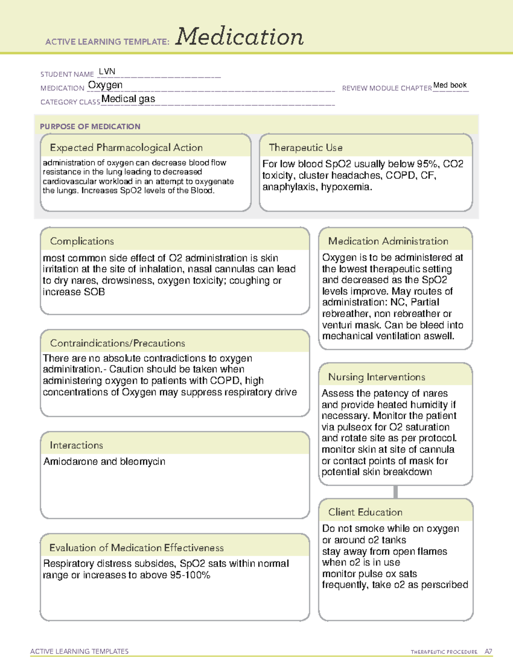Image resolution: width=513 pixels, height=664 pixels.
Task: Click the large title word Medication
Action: pyautogui.click(x=239, y=37)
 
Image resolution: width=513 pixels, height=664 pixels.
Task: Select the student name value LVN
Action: pyautogui.click(x=107, y=71)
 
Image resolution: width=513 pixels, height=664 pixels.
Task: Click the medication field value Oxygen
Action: pyautogui.click(x=105, y=85)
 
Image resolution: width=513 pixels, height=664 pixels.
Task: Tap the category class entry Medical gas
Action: pyautogui.click(x=128, y=99)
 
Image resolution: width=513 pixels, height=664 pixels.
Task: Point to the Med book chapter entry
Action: pyautogui.click(x=450, y=85)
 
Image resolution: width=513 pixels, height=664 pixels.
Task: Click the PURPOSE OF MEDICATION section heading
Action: pyautogui.click(x=90, y=127)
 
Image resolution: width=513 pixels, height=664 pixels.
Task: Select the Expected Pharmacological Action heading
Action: pyautogui.click(x=126, y=148)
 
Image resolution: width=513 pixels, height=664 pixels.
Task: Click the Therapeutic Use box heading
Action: pyautogui.click(x=305, y=148)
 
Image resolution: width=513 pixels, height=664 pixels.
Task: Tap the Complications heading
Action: pyautogui.click(x=82, y=241)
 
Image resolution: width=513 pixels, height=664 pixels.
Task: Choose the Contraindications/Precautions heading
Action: pyautogui.click(x=117, y=343)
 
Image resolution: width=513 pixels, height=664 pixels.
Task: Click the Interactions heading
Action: pyautogui.click(x=76, y=445)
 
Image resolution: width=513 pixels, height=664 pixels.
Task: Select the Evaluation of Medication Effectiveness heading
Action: pyautogui.click(x=136, y=548)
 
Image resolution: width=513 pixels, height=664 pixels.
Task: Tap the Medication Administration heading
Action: pyautogui.click(x=388, y=241)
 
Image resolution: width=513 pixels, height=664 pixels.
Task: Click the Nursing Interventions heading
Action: pyautogui.click(x=376, y=377)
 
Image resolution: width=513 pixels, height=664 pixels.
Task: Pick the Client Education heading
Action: pyautogui.click(x=365, y=512)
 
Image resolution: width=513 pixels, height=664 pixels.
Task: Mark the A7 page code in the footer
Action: pyautogui.click(x=488, y=652)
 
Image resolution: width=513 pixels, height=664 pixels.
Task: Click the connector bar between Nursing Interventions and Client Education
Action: pyautogui.click(x=395, y=492)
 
